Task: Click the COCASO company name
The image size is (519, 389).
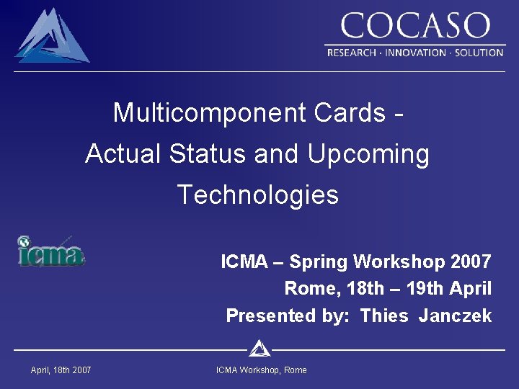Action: (414, 27)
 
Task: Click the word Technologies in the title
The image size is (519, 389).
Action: (257, 195)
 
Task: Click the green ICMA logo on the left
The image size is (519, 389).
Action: (50, 252)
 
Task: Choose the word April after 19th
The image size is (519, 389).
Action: (469, 289)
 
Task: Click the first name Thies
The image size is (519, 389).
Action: (384, 316)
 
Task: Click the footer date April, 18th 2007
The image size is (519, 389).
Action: (61, 370)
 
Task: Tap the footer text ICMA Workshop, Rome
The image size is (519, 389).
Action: (261, 370)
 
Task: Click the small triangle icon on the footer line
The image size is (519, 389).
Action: (259, 349)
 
